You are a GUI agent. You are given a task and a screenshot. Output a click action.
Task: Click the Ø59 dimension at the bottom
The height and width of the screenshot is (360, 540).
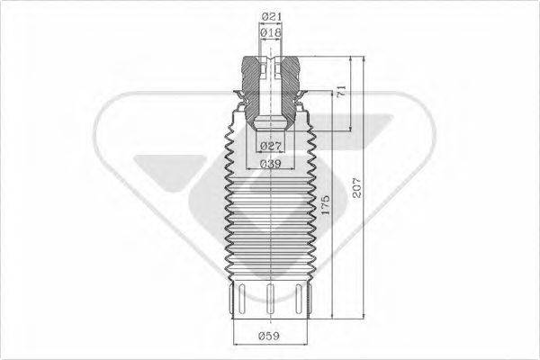270,337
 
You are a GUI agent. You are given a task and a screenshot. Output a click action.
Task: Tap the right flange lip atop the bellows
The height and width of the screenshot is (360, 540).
305,100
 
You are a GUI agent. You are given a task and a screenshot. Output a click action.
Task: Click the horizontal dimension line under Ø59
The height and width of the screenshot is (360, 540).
270,346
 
